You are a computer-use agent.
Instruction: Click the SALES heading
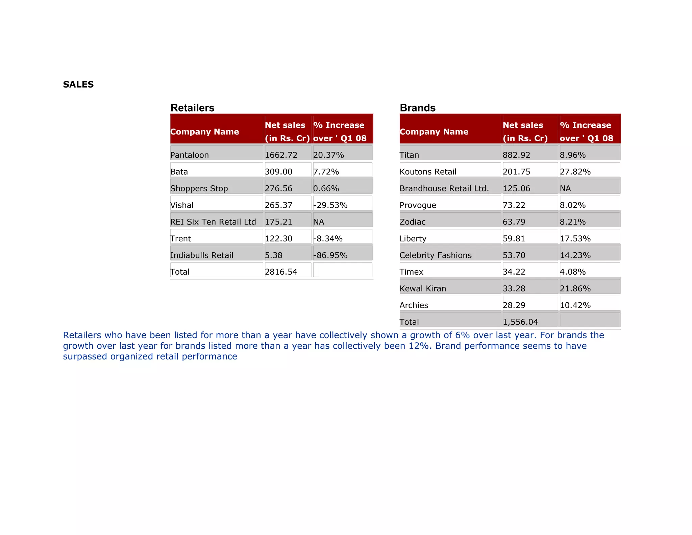pyautogui.click(x=78, y=85)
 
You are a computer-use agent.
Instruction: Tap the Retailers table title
pyautogui.click(x=192, y=108)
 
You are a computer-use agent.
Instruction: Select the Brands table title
pyautogui.click(x=417, y=108)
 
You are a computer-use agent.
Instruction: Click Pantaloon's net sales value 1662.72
pyautogui.click(x=281, y=155)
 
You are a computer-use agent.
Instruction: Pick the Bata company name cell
pyautogui.click(x=179, y=172)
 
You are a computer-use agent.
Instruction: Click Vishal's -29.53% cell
pyautogui.click(x=330, y=205)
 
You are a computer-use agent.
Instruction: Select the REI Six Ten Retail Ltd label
pyautogui.click(x=213, y=222)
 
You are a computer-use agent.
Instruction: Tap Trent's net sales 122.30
pyautogui.click(x=278, y=238)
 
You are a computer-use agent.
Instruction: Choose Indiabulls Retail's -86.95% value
pyautogui.click(x=330, y=255)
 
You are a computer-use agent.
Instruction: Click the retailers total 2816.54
pyautogui.click(x=281, y=272)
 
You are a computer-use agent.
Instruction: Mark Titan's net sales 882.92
pyautogui.click(x=516, y=155)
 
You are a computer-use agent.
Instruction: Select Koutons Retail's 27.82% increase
pyautogui.click(x=575, y=172)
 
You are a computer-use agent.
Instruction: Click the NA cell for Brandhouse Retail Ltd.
pyautogui.click(x=565, y=188)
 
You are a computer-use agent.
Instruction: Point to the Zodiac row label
pyautogui.click(x=413, y=222)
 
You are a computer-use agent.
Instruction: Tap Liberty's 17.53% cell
pyautogui.click(x=575, y=238)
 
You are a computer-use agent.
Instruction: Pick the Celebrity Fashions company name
pyautogui.click(x=436, y=255)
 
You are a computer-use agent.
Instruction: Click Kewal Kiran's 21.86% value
pyautogui.click(x=575, y=288)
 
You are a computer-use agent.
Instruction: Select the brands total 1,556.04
pyautogui.click(x=520, y=322)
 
